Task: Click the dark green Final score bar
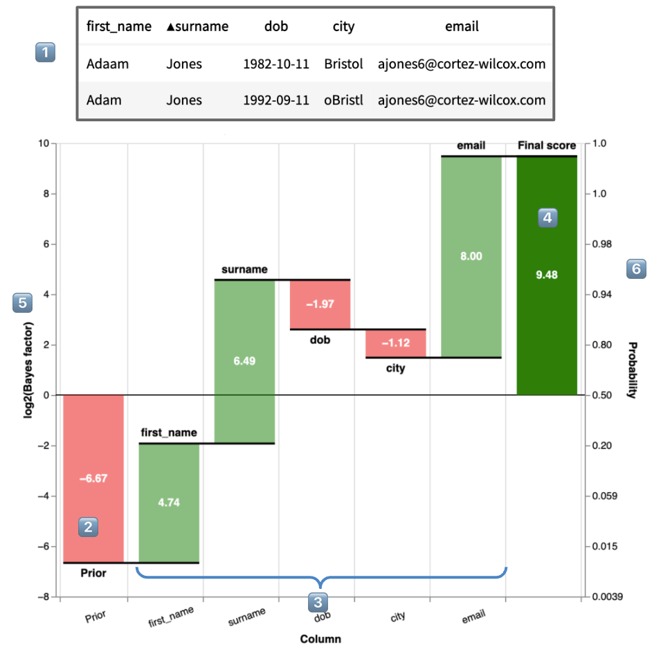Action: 547,275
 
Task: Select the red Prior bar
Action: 93,478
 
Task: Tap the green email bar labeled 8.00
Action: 471,257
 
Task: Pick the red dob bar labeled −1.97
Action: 320,305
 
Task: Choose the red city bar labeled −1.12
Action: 395,343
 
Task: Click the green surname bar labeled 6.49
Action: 244,361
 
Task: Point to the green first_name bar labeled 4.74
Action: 169,502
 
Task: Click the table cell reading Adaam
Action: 107,64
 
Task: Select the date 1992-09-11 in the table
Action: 276,100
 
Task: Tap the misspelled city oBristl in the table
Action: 343,100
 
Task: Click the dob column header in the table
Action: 276,26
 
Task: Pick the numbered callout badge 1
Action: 45,53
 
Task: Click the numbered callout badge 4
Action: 547,217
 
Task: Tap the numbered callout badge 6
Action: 636,269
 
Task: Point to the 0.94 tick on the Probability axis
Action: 601,294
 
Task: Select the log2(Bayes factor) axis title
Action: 28,370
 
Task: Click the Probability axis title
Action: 633,370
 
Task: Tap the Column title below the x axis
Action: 320,639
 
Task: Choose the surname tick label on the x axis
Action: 247,616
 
